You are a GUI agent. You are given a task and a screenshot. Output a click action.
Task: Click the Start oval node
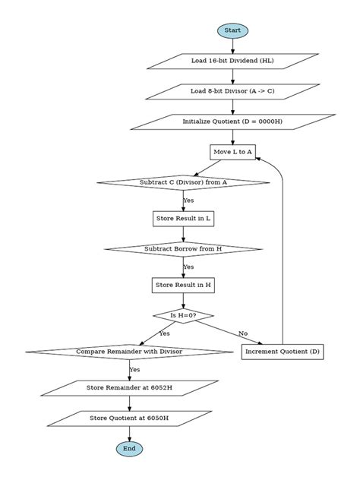(x=232, y=30)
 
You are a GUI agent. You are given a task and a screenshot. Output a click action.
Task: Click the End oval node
(x=129, y=449)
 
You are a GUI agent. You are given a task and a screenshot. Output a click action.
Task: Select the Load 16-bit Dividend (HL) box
(x=232, y=61)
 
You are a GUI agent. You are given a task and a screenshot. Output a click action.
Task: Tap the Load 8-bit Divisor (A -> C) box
(x=232, y=91)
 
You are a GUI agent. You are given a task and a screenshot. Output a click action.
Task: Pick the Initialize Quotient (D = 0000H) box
(x=232, y=122)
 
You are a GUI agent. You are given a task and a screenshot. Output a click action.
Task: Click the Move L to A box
(x=232, y=152)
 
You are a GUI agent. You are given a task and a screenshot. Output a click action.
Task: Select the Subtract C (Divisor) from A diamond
(x=183, y=182)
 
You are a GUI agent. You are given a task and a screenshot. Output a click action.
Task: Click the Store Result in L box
(x=183, y=219)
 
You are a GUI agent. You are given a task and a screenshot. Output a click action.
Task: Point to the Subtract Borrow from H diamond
(x=183, y=249)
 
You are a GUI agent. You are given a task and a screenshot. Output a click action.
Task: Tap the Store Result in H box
(x=183, y=286)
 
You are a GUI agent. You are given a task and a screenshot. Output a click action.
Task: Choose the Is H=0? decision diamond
(x=183, y=315)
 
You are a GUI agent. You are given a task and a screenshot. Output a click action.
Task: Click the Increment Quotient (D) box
(x=283, y=352)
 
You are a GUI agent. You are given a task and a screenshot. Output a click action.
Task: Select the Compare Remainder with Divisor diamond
(x=129, y=352)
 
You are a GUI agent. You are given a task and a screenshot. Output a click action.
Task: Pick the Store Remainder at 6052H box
(x=129, y=388)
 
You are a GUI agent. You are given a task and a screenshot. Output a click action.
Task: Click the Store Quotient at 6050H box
(x=129, y=418)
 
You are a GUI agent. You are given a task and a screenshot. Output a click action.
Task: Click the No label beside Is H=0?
(x=243, y=333)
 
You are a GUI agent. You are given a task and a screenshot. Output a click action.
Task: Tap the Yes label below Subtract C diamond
(x=188, y=201)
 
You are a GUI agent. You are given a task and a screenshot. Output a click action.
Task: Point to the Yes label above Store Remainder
(x=134, y=370)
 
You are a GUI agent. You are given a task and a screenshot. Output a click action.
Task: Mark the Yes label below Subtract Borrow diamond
(x=188, y=267)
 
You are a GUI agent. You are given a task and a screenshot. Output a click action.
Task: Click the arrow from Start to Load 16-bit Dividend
(x=232, y=46)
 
